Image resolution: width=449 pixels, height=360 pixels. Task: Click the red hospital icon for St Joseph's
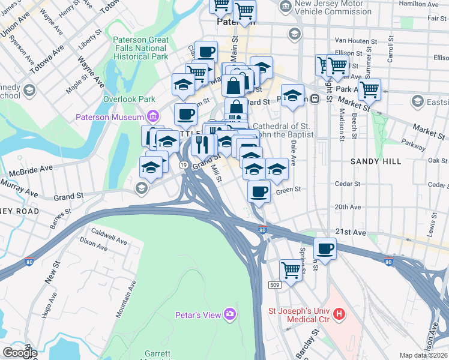coord(339,313)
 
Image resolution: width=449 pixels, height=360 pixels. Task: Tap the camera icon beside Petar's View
coord(229,314)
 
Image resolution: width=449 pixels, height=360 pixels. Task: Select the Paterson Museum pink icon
coord(153,116)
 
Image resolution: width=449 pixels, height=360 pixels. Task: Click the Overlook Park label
coord(129,99)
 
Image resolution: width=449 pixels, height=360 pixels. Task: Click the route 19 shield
coord(182,164)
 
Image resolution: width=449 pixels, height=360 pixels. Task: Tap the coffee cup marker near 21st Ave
coord(325,248)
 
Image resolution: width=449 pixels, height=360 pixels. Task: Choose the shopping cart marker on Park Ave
coord(369,89)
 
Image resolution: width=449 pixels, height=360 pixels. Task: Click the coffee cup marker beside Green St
coord(259,191)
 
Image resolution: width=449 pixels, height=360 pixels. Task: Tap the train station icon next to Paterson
coord(315,99)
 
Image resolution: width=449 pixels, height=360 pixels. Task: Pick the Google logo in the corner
coord(19,352)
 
